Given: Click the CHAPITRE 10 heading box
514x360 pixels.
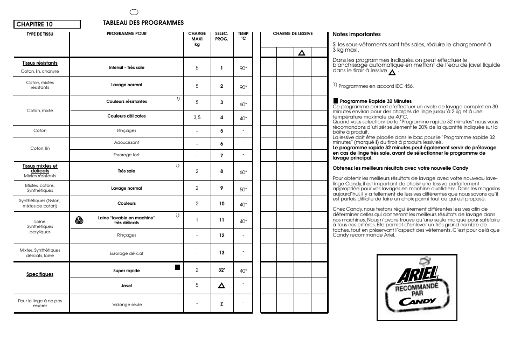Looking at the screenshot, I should click(47, 24).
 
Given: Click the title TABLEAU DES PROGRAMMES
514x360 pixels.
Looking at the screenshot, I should click(143, 23).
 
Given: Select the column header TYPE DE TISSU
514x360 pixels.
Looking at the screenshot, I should click(40, 34).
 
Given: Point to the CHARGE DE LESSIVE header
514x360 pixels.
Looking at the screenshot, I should click(293, 34).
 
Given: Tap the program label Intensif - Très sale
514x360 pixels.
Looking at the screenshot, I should click(127, 68).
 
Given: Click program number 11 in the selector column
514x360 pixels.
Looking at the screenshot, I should click(221, 220).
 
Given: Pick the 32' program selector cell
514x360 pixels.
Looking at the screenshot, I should click(221, 270).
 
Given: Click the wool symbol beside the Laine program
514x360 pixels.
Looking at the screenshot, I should click(79, 219).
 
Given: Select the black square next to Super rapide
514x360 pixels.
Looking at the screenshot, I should click(177, 267).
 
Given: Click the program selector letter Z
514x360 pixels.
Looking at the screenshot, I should click(221, 304).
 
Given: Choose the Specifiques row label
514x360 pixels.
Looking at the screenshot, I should click(40, 274).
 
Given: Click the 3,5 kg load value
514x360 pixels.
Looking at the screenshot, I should click(197, 117).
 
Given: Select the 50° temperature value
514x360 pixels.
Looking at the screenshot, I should click(243, 189).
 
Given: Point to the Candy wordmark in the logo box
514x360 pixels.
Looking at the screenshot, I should click(418, 301).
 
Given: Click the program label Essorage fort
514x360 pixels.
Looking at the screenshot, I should click(127, 155).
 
